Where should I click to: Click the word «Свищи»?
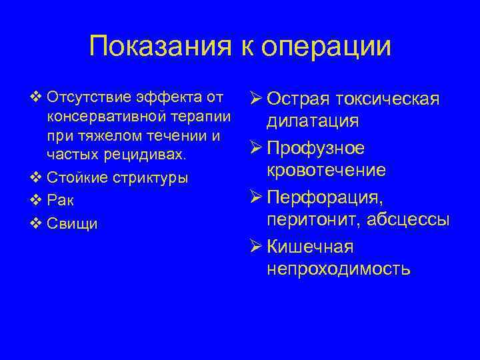coord(73,223)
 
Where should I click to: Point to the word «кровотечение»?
coord(326,171)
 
